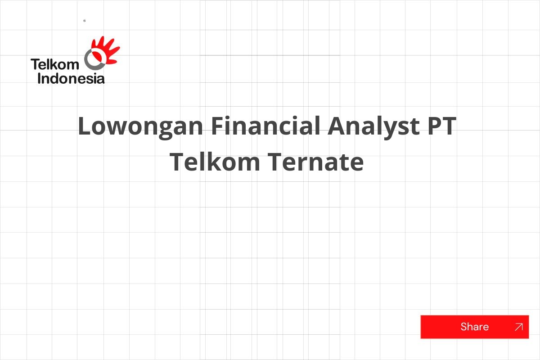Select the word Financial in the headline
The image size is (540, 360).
265,126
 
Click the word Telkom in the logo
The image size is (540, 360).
54,65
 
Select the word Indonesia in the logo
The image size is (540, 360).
71,79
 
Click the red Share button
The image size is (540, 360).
474,327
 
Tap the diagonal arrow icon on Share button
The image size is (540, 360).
518,327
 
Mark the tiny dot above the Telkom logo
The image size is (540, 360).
85,21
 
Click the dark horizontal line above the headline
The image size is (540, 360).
270,55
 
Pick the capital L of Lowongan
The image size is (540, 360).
84,126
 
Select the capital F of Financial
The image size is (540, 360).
217,126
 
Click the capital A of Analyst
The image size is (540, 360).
337,126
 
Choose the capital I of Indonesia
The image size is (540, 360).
40,79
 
